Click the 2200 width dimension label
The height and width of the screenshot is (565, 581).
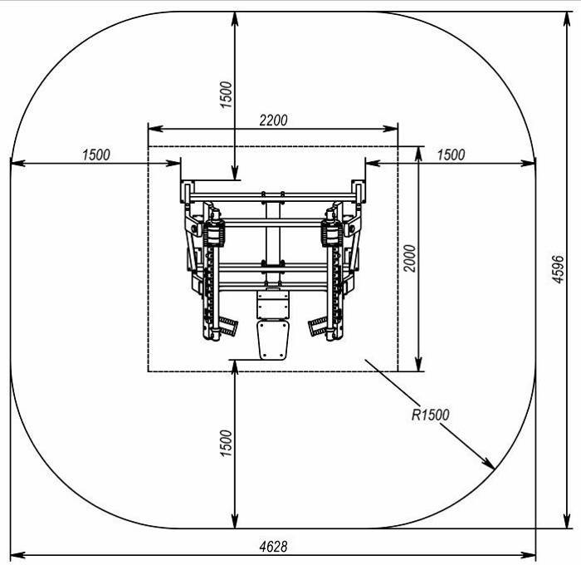[273, 120]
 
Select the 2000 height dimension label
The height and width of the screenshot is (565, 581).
[410, 258]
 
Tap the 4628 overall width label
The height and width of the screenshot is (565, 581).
[273, 547]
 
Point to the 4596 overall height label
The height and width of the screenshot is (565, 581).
[558, 269]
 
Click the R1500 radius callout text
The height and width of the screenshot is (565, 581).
[430, 415]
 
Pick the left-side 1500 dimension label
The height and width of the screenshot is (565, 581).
[96, 155]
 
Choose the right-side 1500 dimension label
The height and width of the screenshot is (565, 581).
[451, 155]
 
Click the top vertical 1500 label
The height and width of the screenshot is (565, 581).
[226, 95]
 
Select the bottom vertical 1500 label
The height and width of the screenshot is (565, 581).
[226, 444]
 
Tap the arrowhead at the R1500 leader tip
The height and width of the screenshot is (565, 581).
[489, 464]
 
